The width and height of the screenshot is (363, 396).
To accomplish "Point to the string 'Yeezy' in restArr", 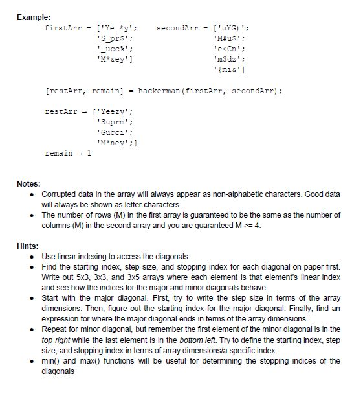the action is (x=115, y=111).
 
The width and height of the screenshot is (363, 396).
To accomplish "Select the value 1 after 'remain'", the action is (x=89, y=154).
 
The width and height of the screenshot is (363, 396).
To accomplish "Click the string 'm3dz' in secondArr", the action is (x=230, y=59).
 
